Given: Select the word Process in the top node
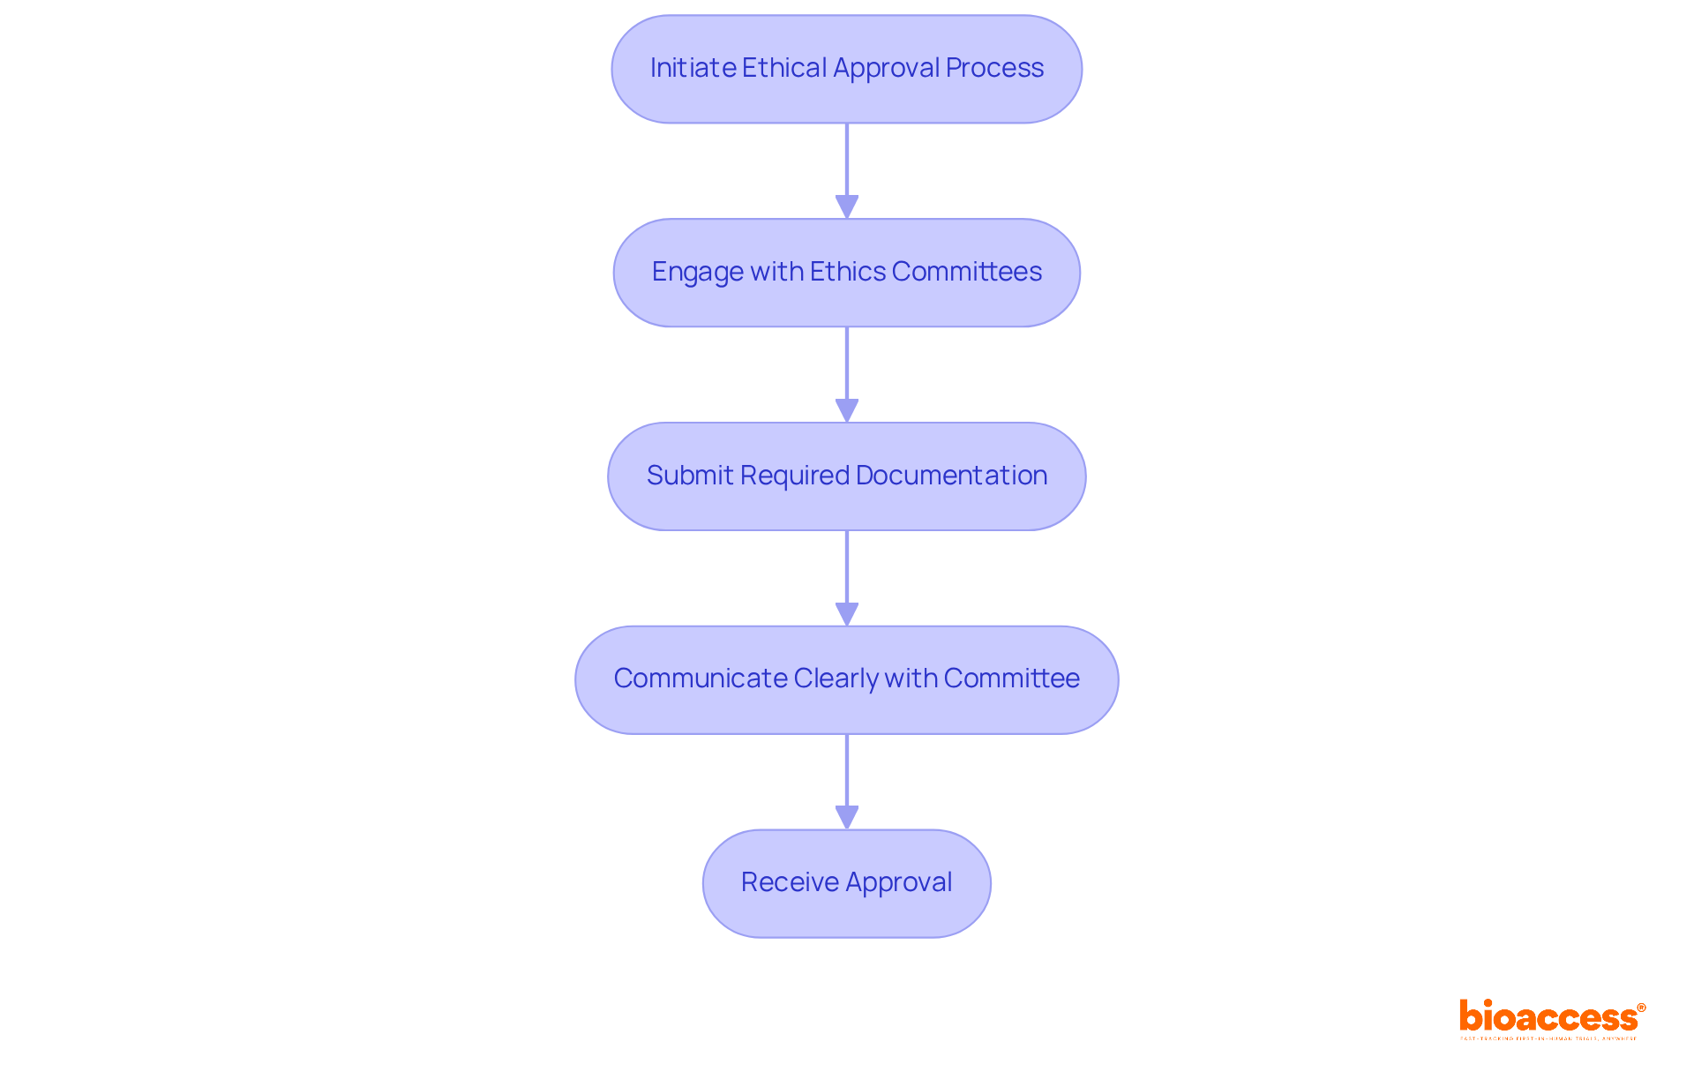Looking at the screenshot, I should (994, 68).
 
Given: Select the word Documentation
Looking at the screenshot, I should (951, 476).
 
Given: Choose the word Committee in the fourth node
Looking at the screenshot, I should (1011, 678).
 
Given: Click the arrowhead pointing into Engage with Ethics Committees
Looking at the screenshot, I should (847, 206).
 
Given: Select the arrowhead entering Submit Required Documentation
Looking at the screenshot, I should (847, 410).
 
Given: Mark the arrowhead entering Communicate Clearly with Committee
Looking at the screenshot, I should (847, 614).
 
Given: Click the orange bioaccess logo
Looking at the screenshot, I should (1548, 1017).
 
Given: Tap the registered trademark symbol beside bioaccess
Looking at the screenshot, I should (1641, 1008).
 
